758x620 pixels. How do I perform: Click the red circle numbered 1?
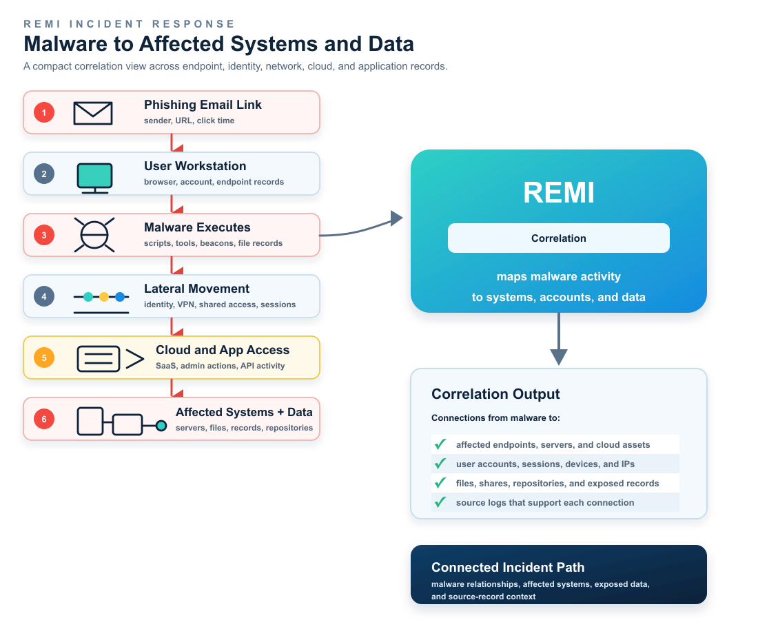44,112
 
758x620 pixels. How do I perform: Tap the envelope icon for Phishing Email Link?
93,113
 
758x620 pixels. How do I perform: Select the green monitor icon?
95,178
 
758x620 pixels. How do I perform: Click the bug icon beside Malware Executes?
94,235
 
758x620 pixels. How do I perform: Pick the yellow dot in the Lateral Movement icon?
104,297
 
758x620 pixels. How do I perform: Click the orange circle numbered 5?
44,358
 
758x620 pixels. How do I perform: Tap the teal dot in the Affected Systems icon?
161,425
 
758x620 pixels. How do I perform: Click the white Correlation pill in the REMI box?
558,238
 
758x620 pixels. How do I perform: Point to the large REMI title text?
558,192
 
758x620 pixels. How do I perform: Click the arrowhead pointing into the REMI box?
396,218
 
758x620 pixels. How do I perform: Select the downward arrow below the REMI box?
558,339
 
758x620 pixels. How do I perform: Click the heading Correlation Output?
495,394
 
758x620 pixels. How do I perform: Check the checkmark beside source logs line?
440,502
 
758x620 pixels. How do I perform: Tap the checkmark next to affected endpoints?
440,444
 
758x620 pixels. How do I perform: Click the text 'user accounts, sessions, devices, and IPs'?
545,464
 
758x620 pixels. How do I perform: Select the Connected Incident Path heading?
508,567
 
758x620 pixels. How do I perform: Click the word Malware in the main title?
66,43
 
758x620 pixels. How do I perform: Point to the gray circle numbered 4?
44,296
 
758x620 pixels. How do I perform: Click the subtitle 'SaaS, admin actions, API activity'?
220,366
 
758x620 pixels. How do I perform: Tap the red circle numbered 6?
44,419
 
